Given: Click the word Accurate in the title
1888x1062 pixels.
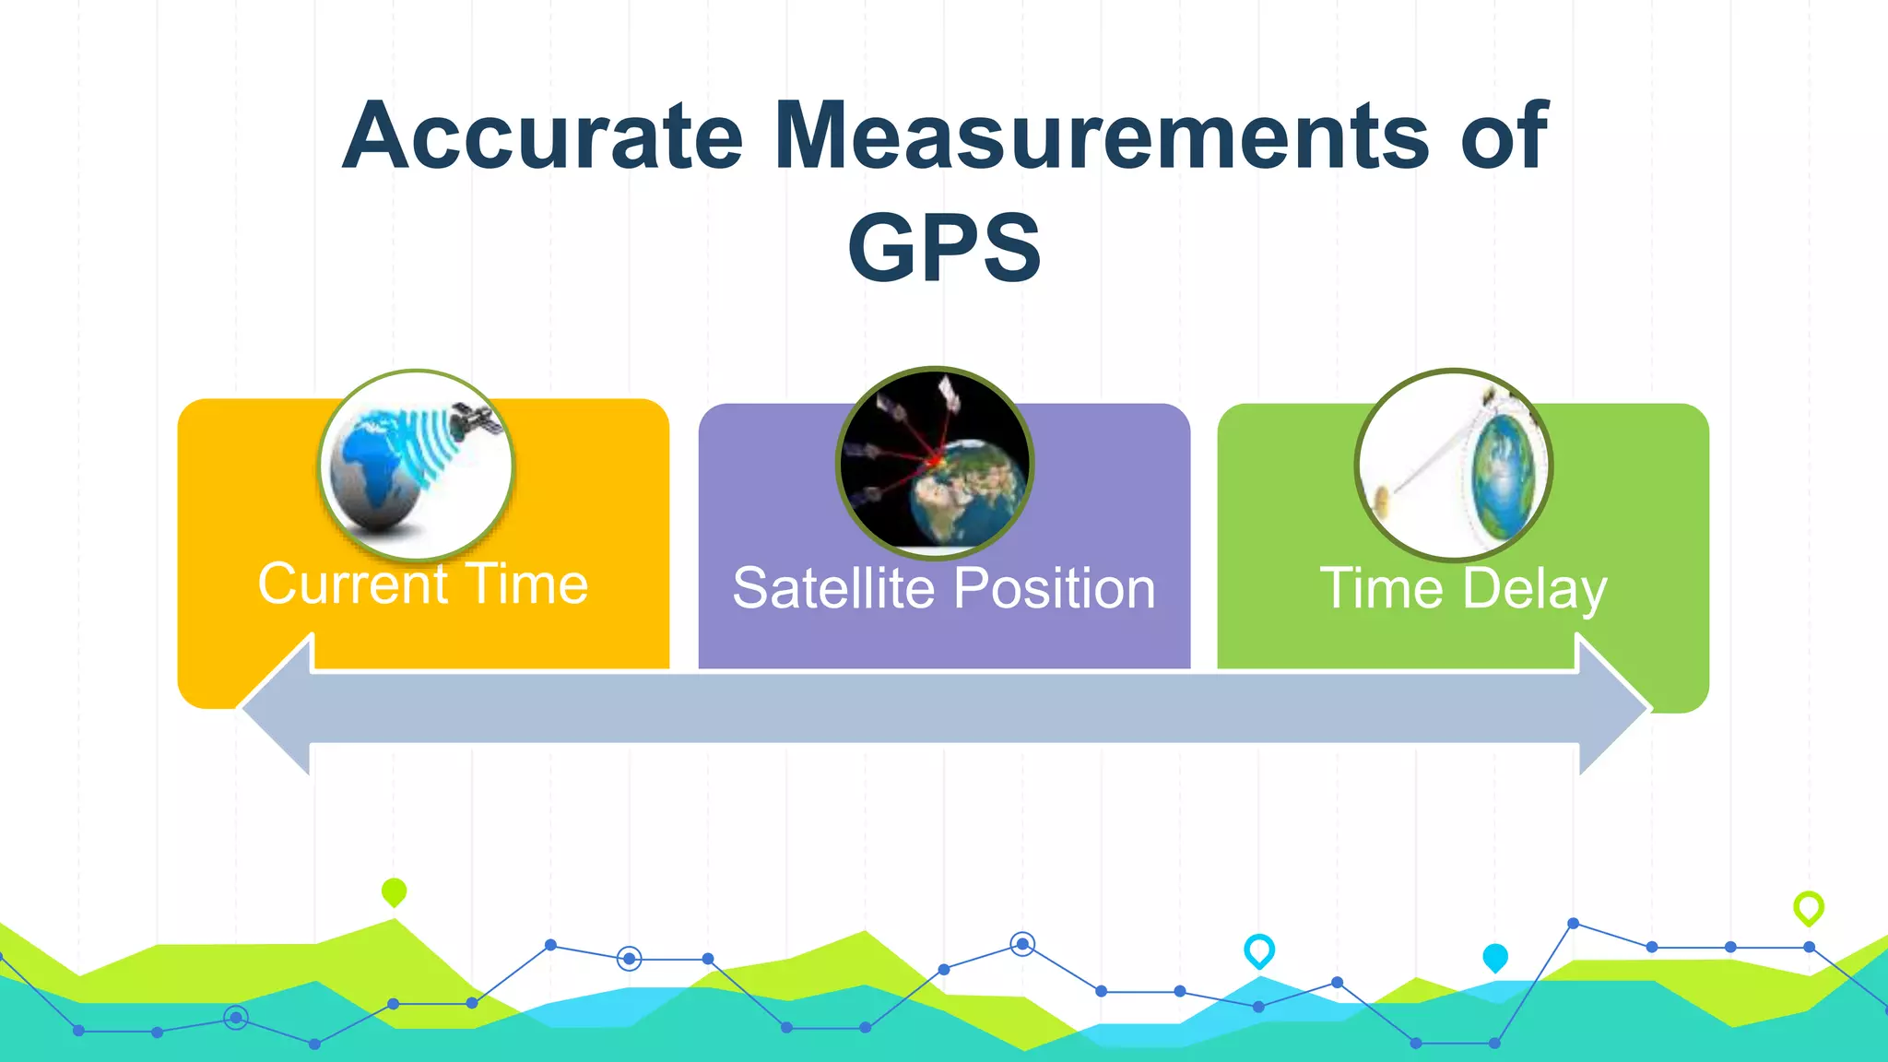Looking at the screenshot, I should click(542, 136).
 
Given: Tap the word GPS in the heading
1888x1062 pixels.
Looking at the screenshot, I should click(944, 247).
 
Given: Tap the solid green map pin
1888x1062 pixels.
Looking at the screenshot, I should click(394, 891).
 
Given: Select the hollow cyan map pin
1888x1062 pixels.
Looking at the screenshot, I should click(1259, 950).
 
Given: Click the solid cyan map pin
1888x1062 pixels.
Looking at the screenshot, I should click(1495, 957).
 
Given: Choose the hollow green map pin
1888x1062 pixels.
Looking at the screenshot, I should click(1808, 907).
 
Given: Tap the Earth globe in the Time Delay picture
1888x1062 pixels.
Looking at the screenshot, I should click(1502, 477).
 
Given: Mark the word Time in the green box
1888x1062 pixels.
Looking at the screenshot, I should click(1381, 589).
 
